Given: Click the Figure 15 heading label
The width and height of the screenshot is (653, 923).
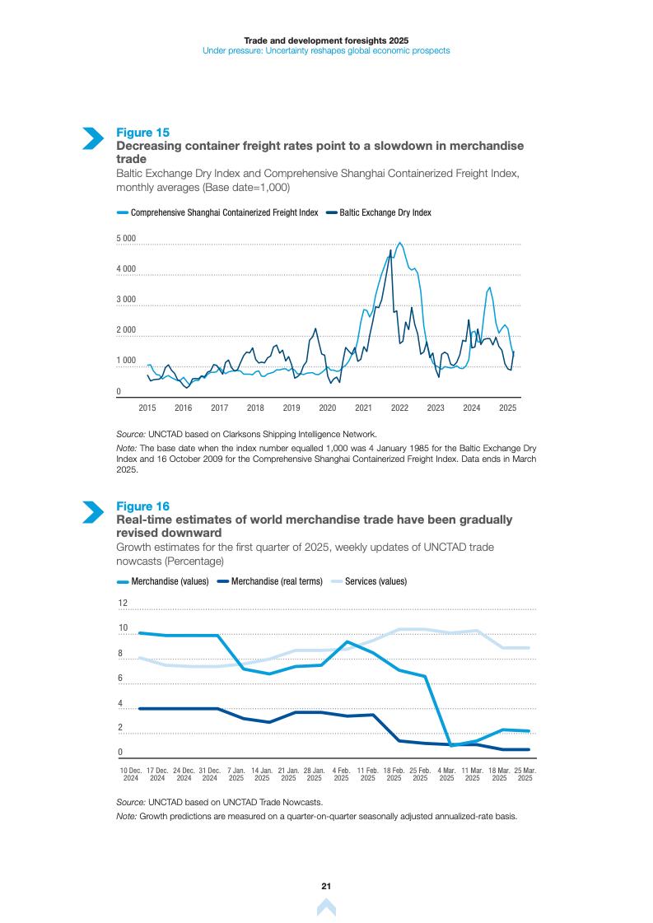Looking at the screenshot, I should [142, 133].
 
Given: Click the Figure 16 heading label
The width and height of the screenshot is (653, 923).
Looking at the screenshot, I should [142, 506].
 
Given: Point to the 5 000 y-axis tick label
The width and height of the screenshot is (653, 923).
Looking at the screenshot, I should [125, 239].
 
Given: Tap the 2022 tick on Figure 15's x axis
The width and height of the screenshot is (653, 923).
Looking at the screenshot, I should [399, 408].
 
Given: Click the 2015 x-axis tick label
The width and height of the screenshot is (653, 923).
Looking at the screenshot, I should [147, 408].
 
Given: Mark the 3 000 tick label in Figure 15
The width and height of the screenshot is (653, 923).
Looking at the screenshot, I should [125, 300].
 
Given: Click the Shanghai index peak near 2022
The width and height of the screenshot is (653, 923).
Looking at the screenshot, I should [399, 243].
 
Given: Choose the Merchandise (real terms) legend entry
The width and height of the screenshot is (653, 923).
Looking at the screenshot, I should [277, 581].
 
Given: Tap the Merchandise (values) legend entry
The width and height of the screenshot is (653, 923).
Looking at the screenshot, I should [170, 581].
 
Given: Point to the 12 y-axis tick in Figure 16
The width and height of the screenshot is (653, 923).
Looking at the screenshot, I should [123, 604].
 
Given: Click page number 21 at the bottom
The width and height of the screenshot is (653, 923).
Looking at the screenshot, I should [326, 886].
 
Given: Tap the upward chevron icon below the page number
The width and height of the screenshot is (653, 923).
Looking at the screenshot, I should [326, 907].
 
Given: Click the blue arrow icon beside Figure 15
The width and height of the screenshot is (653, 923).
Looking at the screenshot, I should [92, 138].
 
